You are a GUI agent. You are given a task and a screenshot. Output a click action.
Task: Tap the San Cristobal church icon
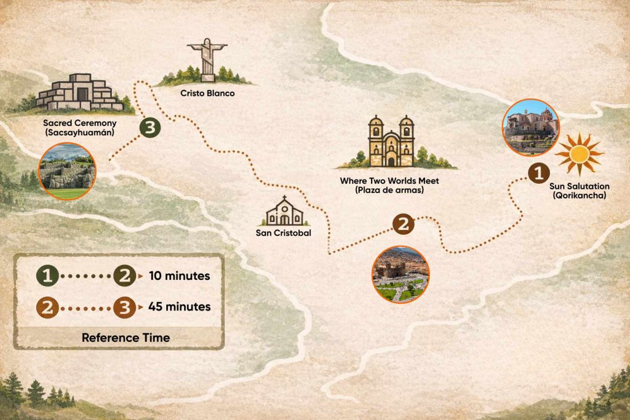pyautogui.click(x=284, y=212)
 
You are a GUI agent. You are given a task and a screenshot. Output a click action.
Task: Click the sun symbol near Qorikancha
pyautogui.click(x=578, y=153)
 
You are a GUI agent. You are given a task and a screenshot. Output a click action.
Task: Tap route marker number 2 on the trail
pyautogui.click(x=403, y=224)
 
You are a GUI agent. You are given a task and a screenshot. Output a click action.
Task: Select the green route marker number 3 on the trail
pyautogui.click(x=150, y=128)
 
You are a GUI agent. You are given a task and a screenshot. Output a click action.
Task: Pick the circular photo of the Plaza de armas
pyautogui.click(x=401, y=274)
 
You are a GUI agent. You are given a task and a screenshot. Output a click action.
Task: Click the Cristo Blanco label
pyautogui.click(x=207, y=93)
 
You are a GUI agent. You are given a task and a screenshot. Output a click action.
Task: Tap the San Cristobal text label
pyautogui.click(x=284, y=233)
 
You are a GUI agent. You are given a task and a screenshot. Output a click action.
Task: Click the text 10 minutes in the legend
pyautogui.click(x=179, y=276)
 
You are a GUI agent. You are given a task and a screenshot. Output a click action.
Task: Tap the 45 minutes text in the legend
pyautogui.click(x=179, y=306)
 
